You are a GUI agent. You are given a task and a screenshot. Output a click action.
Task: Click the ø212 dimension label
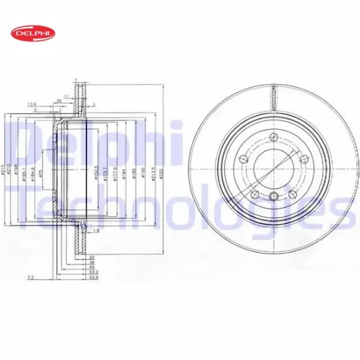[x=3, y=171]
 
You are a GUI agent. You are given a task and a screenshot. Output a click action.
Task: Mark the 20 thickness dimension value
[x=91, y=257]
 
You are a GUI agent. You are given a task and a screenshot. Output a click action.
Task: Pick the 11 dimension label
[x=66, y=96]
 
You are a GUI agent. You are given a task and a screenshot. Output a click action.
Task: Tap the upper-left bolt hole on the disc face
[x=244, y=158]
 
